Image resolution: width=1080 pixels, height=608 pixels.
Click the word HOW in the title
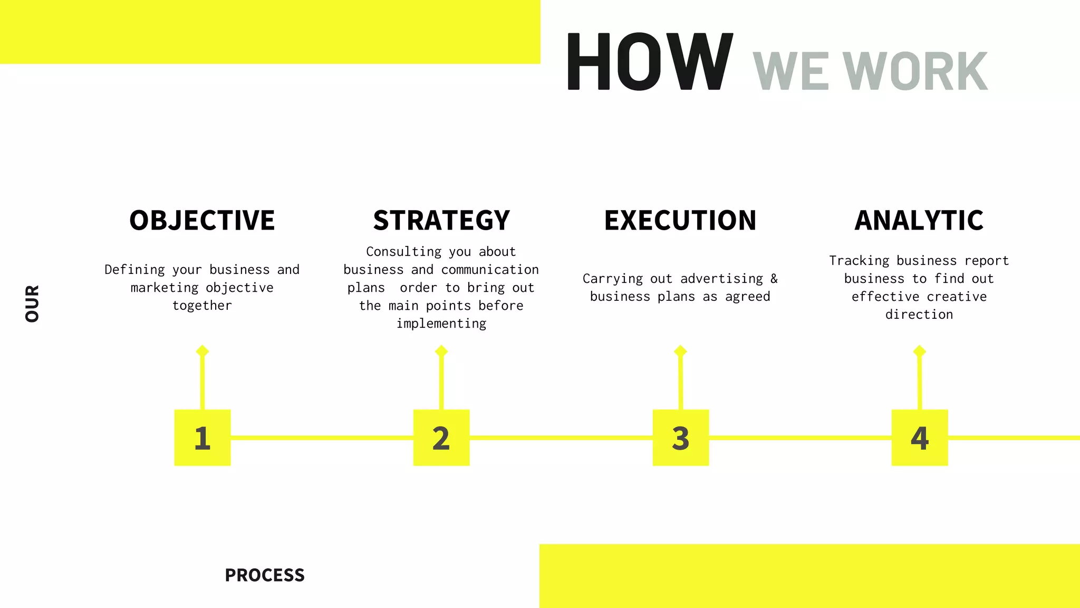650,61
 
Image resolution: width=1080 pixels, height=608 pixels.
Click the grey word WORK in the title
915,72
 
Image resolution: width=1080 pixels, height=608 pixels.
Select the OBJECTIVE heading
202,220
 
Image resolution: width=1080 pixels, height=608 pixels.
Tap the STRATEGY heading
441,220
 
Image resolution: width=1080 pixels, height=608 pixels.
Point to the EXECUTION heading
680,220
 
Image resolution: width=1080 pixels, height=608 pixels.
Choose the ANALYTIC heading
919,220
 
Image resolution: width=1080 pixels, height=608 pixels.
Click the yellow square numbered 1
202,438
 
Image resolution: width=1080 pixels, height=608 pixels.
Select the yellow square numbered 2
441,438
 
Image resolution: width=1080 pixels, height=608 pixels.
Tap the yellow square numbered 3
681,438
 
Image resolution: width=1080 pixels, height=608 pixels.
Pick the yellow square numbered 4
920,438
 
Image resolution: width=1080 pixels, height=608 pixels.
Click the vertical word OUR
32,303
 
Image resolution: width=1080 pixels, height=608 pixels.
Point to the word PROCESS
265,575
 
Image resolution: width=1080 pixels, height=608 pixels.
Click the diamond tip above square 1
202,351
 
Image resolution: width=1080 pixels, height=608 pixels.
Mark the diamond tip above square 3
680,351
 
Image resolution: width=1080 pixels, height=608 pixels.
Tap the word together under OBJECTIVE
202,306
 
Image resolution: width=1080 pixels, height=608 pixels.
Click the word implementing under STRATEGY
441,324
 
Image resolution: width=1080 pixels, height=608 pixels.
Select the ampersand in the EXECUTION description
774,278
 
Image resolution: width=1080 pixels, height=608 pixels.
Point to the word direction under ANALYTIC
919,315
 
